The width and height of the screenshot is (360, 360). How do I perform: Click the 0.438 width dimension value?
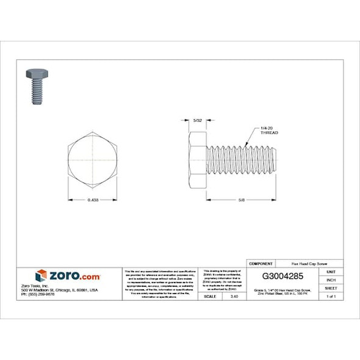point(93,200)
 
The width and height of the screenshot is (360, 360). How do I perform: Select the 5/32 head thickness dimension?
point(197,121)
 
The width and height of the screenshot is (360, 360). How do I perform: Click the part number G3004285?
point(283,275)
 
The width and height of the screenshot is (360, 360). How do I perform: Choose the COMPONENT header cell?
point(262,262)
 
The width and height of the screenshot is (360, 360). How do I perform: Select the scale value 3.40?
point(232,296)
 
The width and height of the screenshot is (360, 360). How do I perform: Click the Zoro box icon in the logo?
point(41,275)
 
